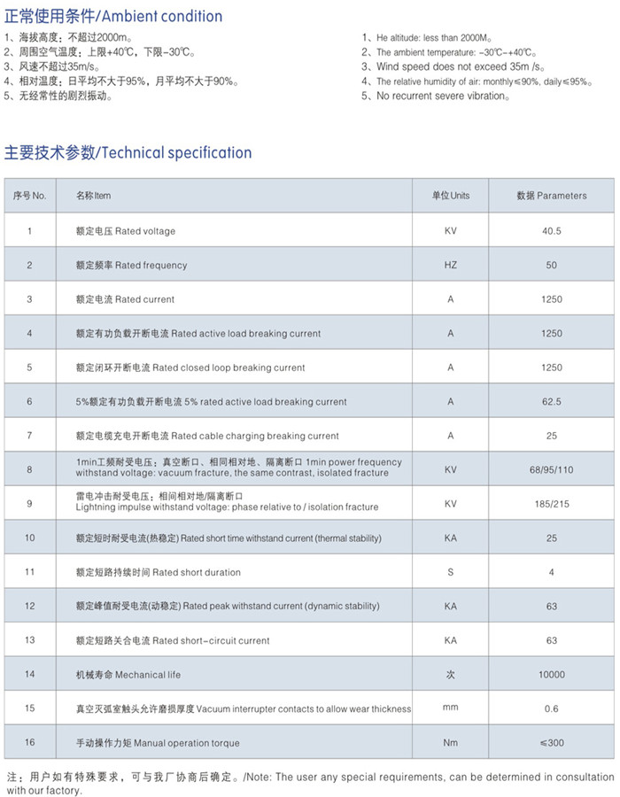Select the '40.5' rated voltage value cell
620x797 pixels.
pyautogui.click(x=551, y=231)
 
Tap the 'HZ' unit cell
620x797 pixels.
pyautogui.click(x=450, y=265)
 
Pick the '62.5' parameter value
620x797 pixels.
pyautogui.click(x=551, y=402)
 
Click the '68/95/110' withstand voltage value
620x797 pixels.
pyautogui.click(x=551, y=469)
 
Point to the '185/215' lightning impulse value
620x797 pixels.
pyautogui.click(x=551, y=504)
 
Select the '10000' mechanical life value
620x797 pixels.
pyautogui.click(x=551, y=675)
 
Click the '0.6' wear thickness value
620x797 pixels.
pyautogui.click(x=551, y=708)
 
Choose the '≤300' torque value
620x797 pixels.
pyautogui.click(x=551, y=743)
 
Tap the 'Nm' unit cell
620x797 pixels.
pyautogui.click(x=450, y=743)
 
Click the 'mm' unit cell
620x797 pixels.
pyautogui.click(x=450, y=708)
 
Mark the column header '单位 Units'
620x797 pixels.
pyautogui.click(x=450, y=196)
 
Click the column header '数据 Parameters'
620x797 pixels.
pyautogui.click(x=551, y=196)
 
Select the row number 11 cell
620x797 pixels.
pyautogui.click(x=29, y=572)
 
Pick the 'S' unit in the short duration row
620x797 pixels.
pyautogui.click(x=450, y=572)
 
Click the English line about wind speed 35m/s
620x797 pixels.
pyautogui.click(x=453, y=67)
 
